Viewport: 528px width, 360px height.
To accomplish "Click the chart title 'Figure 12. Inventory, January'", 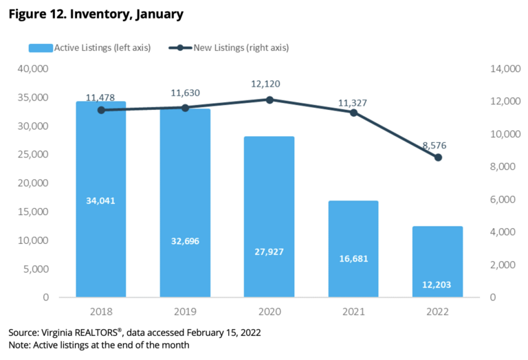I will click(96, 13).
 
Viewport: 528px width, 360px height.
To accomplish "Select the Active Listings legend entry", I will click(89, 47).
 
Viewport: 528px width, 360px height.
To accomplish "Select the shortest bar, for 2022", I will click(437, 261).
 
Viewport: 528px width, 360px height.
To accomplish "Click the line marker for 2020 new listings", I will click(269, 100).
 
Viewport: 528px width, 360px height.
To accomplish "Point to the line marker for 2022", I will click(437, 157).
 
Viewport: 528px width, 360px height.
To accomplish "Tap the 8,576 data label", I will click(437, 144).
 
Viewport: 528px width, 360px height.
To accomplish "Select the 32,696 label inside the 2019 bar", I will click(185, 241).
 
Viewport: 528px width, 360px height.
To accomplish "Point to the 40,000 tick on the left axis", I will click(32, 69).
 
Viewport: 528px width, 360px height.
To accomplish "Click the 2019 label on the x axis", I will click(185, 311).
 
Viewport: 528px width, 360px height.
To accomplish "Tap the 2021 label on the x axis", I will click(353, 311).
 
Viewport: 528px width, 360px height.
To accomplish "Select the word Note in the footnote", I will click(19, 345).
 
